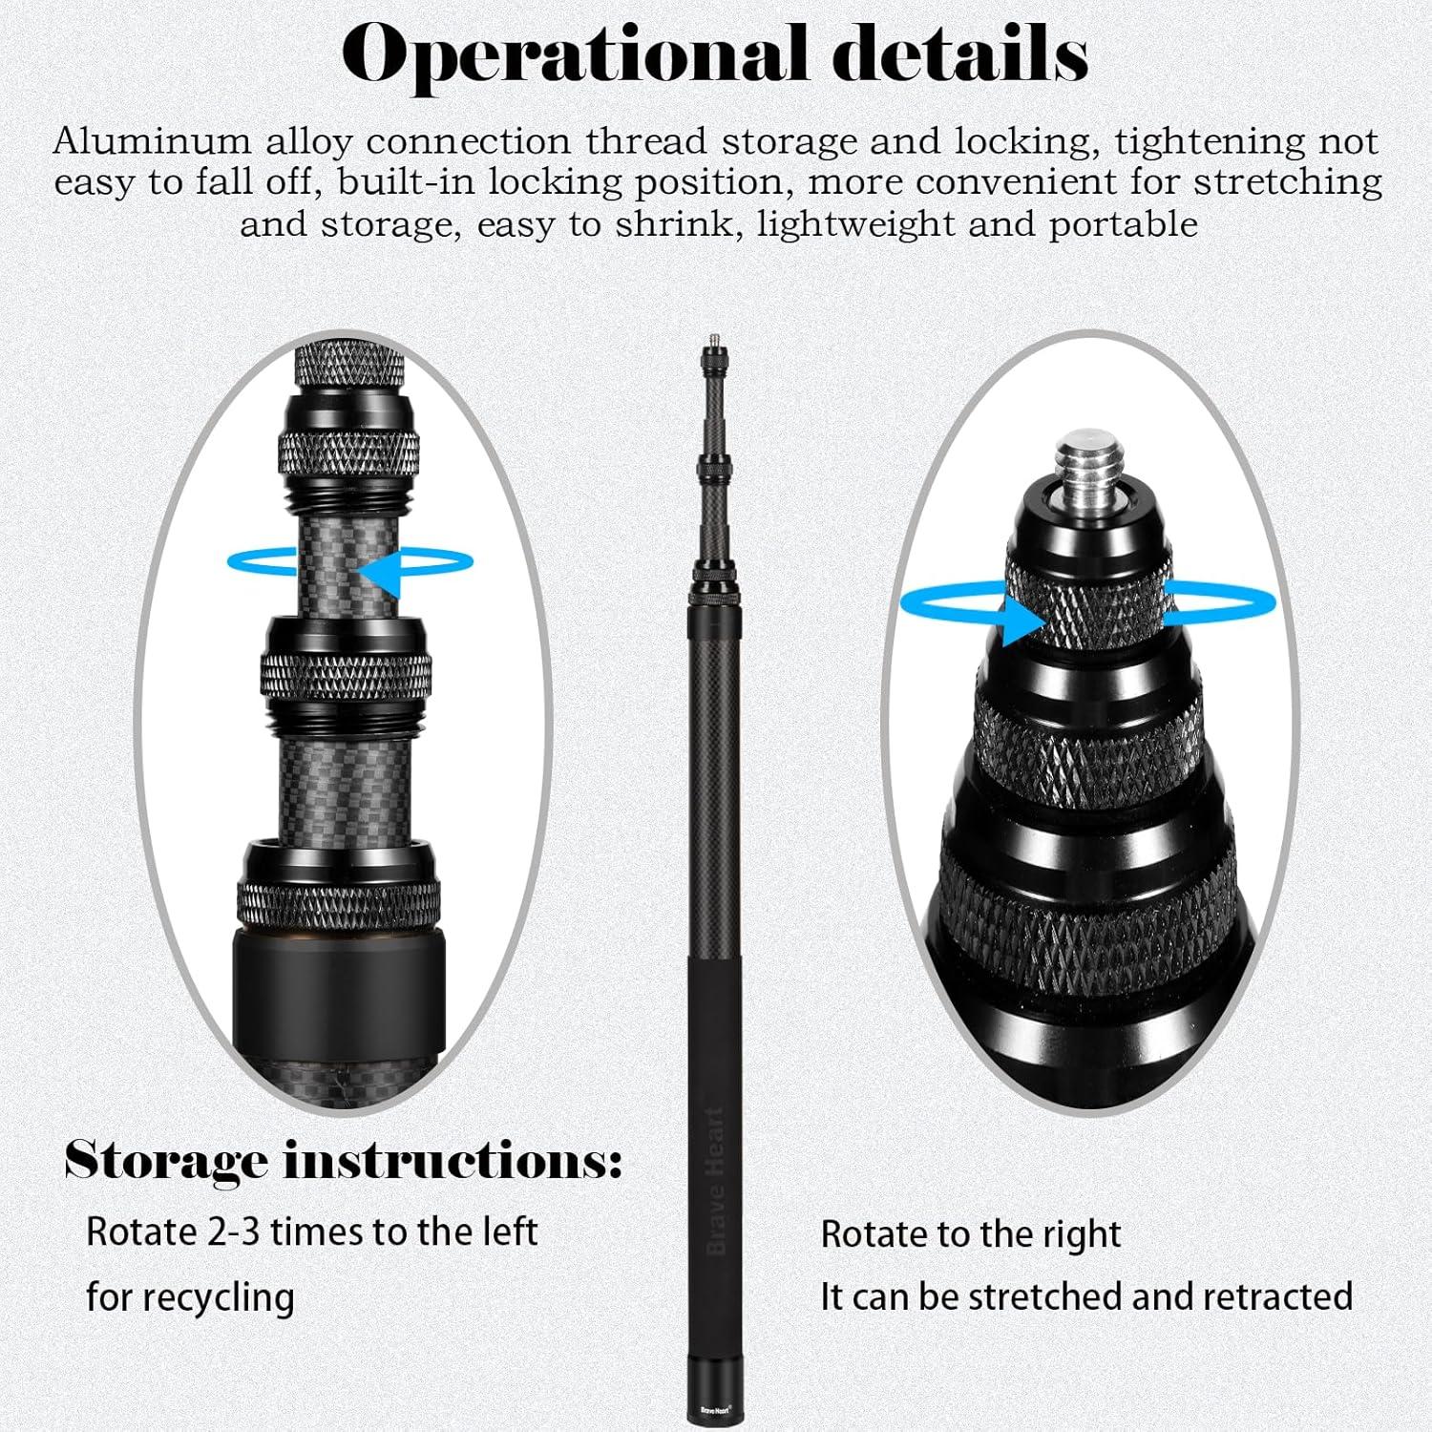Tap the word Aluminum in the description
click(153, 141)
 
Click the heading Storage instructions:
click(344, 1161)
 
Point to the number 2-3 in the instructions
click(233, 1232)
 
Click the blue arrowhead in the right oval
click(1023, 621)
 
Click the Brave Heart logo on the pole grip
click(716, 1181)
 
